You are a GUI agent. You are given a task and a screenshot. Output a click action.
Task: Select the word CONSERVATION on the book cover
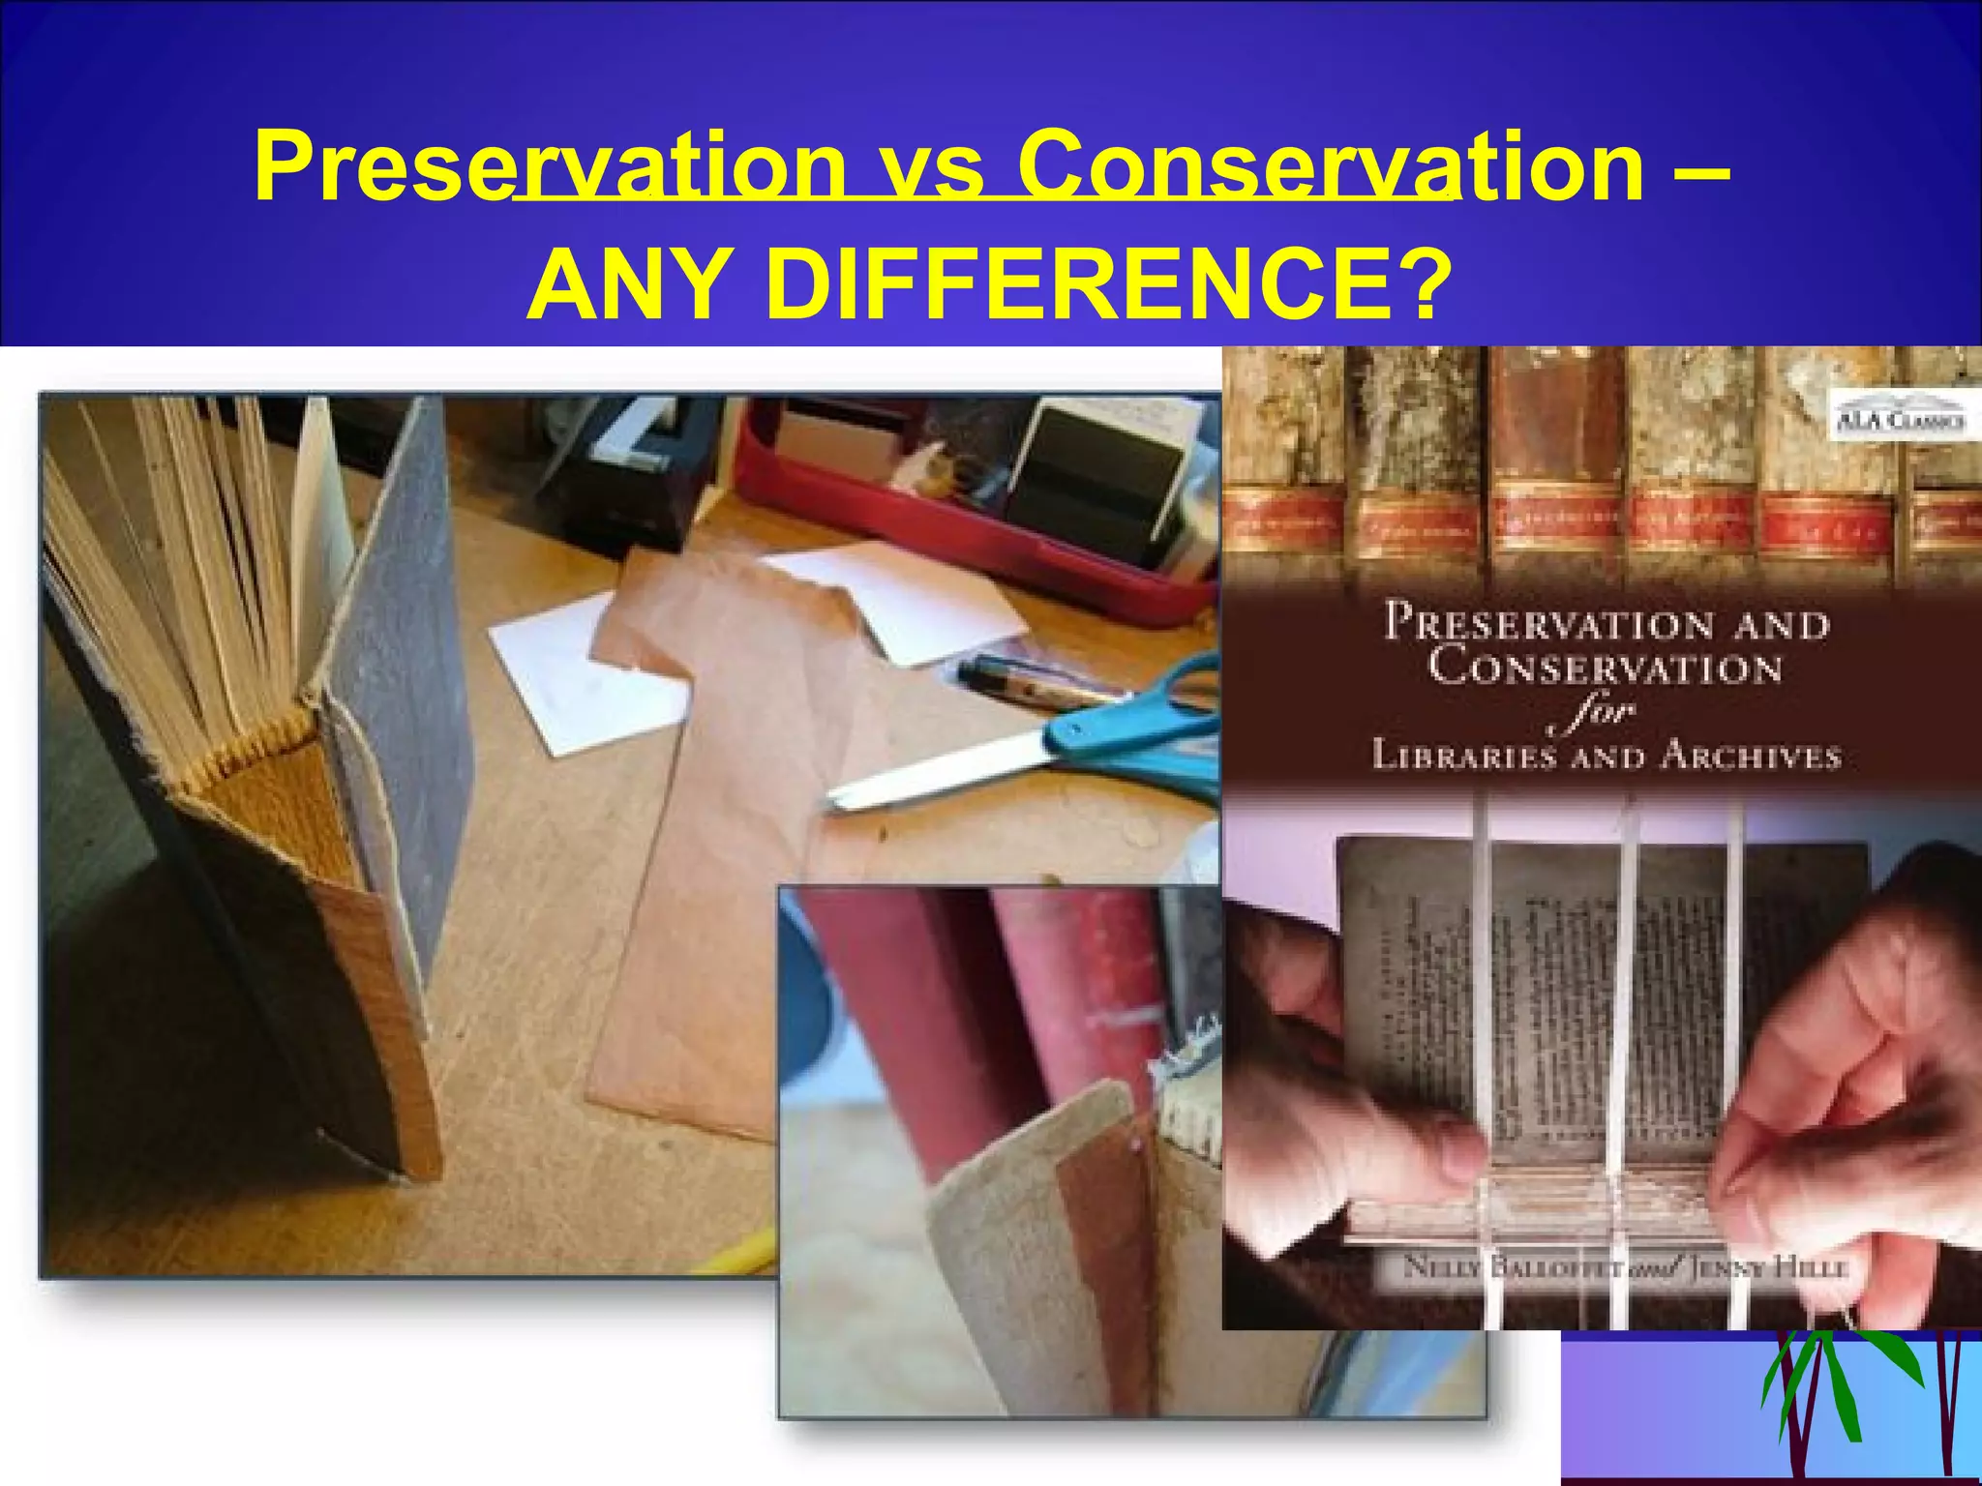tap(1605, 669)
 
